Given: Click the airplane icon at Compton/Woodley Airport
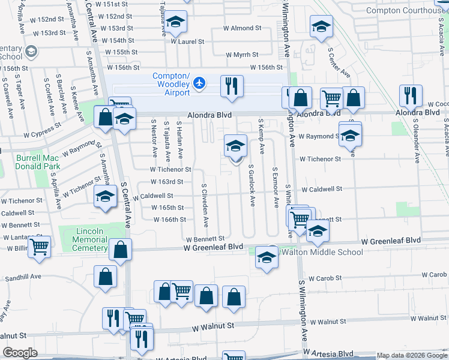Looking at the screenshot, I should tap(200, 84).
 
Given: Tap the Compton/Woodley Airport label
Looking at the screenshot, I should tap(171, 84).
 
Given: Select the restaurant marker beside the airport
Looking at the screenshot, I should tap(231, 86).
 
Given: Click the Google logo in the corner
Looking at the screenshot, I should tap(20, 353).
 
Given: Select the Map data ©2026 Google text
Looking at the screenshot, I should tap(411, 356).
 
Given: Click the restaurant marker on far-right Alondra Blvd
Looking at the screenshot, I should tap(411, 95).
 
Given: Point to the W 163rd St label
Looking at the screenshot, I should tap(166, 182).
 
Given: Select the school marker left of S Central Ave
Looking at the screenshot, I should tap(105, 196).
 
